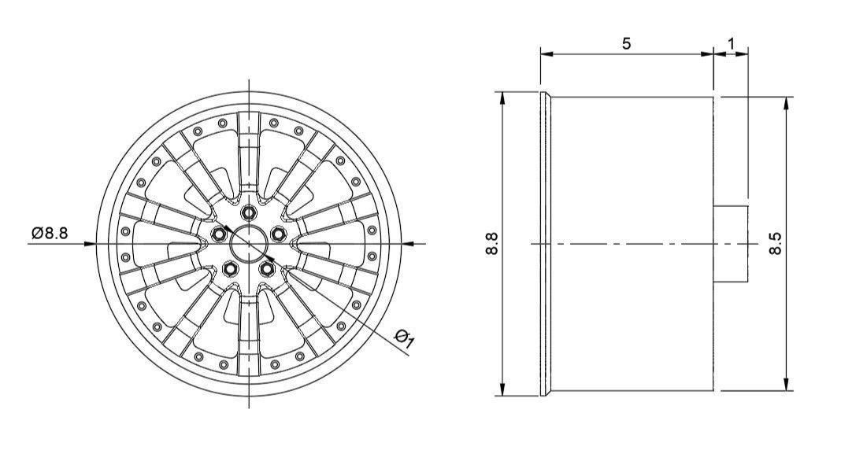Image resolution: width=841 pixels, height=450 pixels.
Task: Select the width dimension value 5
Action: click(626, 43)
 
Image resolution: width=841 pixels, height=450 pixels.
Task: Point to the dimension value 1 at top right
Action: click(732, 43)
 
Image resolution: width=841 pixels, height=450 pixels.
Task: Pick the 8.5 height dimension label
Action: click(776, 243)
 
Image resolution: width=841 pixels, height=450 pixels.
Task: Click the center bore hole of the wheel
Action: click(249, 243)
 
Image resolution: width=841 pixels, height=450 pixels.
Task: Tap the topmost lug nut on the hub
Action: click(250, 212)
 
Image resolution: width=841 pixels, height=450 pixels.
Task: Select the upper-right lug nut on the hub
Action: click(278, 234)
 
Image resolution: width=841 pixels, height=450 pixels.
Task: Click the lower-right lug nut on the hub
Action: click(267, 268)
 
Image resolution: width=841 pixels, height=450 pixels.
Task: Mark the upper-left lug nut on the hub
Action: click(220, 234)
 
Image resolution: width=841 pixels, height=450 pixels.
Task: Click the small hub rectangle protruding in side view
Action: click(730, 243)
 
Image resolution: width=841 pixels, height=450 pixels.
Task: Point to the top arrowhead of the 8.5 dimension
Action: click(787, 103)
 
